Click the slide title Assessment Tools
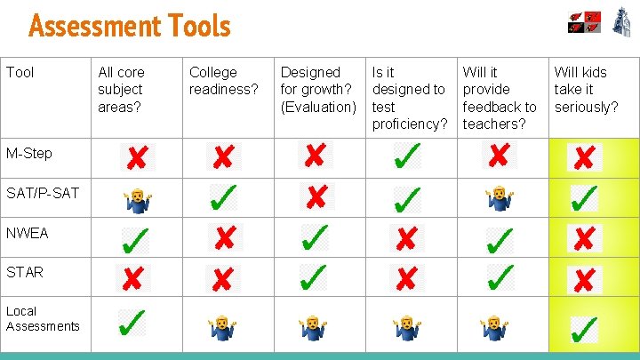[130, 26]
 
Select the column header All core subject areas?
[122, 89]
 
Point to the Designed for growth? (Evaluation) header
[318, 89]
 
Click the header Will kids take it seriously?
[587, 89]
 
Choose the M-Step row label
[29, 153]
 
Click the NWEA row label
[28, 233]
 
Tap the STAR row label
[25, 272]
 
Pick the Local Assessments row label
[43, 318]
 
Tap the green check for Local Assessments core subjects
[133, 322]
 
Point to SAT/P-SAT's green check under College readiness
[223, 197]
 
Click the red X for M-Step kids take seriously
[584, 158]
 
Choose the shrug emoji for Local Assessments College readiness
[222, 328]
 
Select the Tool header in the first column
[19, 72]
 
